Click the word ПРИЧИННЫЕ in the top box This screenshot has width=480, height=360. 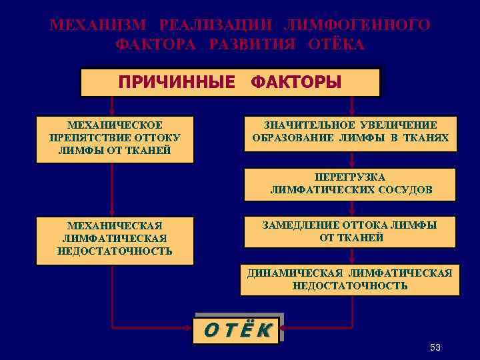point(177,83)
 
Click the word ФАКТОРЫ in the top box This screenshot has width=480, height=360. point(296,83)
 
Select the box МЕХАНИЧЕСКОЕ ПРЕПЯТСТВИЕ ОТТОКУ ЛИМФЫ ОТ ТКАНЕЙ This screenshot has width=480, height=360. point(115,139)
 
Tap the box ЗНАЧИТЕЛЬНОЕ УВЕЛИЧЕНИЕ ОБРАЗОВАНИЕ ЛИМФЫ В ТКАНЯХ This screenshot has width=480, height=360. point(351,133)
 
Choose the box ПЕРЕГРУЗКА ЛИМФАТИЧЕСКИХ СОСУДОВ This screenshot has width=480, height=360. point(351,184)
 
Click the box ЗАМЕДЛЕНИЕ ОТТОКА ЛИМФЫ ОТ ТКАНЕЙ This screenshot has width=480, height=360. point(351,231)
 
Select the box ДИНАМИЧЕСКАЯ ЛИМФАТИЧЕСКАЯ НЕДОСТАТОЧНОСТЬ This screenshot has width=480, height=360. point(350,279)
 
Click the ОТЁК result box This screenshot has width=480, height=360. point(237,329)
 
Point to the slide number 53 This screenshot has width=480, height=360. point(435,348)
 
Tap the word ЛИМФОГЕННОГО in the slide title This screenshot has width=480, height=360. point(357,25)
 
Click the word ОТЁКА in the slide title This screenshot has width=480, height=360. point(337,45)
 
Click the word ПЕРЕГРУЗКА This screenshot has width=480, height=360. point(351,177)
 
